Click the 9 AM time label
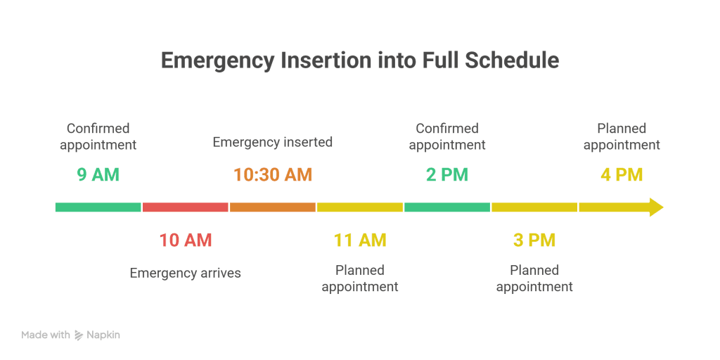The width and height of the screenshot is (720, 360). click(98, 174)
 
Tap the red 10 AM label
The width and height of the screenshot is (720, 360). click(185, 240)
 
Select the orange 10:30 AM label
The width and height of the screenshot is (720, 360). click(272, 174)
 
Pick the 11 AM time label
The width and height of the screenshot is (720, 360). click(359, 240)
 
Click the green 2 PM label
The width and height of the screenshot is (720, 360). click(446, 174)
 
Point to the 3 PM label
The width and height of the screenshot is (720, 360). click(534, 240)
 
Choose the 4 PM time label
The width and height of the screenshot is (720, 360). click(621, 174)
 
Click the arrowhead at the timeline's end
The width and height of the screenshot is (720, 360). click(655, 207)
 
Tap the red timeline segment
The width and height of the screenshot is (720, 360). click(185, 207)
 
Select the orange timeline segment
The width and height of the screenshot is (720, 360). click(272, 207)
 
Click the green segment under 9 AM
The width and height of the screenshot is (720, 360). click(98, 207)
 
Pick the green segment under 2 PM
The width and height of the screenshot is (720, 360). click(446, 207)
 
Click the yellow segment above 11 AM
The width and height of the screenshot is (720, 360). click(359, 207)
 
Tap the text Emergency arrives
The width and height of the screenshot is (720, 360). click(185, 273)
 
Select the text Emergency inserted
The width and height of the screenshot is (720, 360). click(272, 142)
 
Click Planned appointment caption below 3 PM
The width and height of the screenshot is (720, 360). click(534, 278)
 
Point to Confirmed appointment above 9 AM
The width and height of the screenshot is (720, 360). click(98, 136)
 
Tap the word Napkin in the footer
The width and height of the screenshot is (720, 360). click(103, 335)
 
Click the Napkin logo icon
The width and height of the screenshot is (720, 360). click(79, 335)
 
